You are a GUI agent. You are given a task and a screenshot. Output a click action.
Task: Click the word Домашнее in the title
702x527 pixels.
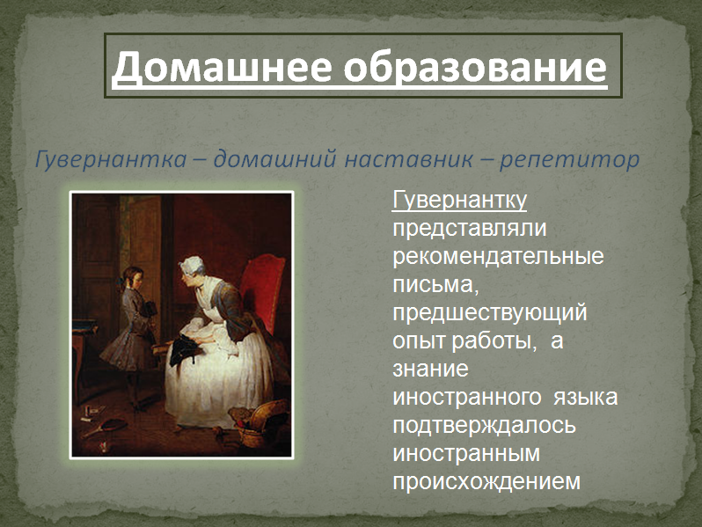(x=222, y=67)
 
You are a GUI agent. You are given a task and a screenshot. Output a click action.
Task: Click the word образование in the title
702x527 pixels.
(x=475, y=66)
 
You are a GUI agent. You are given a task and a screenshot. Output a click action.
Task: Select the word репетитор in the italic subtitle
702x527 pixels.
(x=569, y=160)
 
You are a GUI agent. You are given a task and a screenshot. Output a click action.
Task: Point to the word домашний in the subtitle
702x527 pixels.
(x=274, y=159)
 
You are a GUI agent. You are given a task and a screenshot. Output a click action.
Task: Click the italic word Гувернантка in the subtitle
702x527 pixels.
(x=111, y=160)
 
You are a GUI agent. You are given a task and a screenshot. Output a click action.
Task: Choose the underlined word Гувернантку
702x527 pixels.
(x=459, y=200)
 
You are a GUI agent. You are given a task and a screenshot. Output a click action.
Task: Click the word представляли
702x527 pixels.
(x=470, y=229)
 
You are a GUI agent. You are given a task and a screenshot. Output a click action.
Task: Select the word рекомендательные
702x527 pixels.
(x=498, y=257)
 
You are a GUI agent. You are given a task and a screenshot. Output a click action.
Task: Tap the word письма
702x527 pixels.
(x=435, y=285)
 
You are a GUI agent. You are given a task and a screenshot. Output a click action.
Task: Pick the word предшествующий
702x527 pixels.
(x=490, y=313)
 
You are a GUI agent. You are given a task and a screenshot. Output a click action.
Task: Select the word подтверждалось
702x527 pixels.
(x=484, y=425)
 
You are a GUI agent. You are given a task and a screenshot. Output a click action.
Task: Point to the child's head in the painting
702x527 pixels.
(x=133, y=277)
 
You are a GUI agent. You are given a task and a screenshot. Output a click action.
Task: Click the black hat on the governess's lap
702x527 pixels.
(x=185, y=350)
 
